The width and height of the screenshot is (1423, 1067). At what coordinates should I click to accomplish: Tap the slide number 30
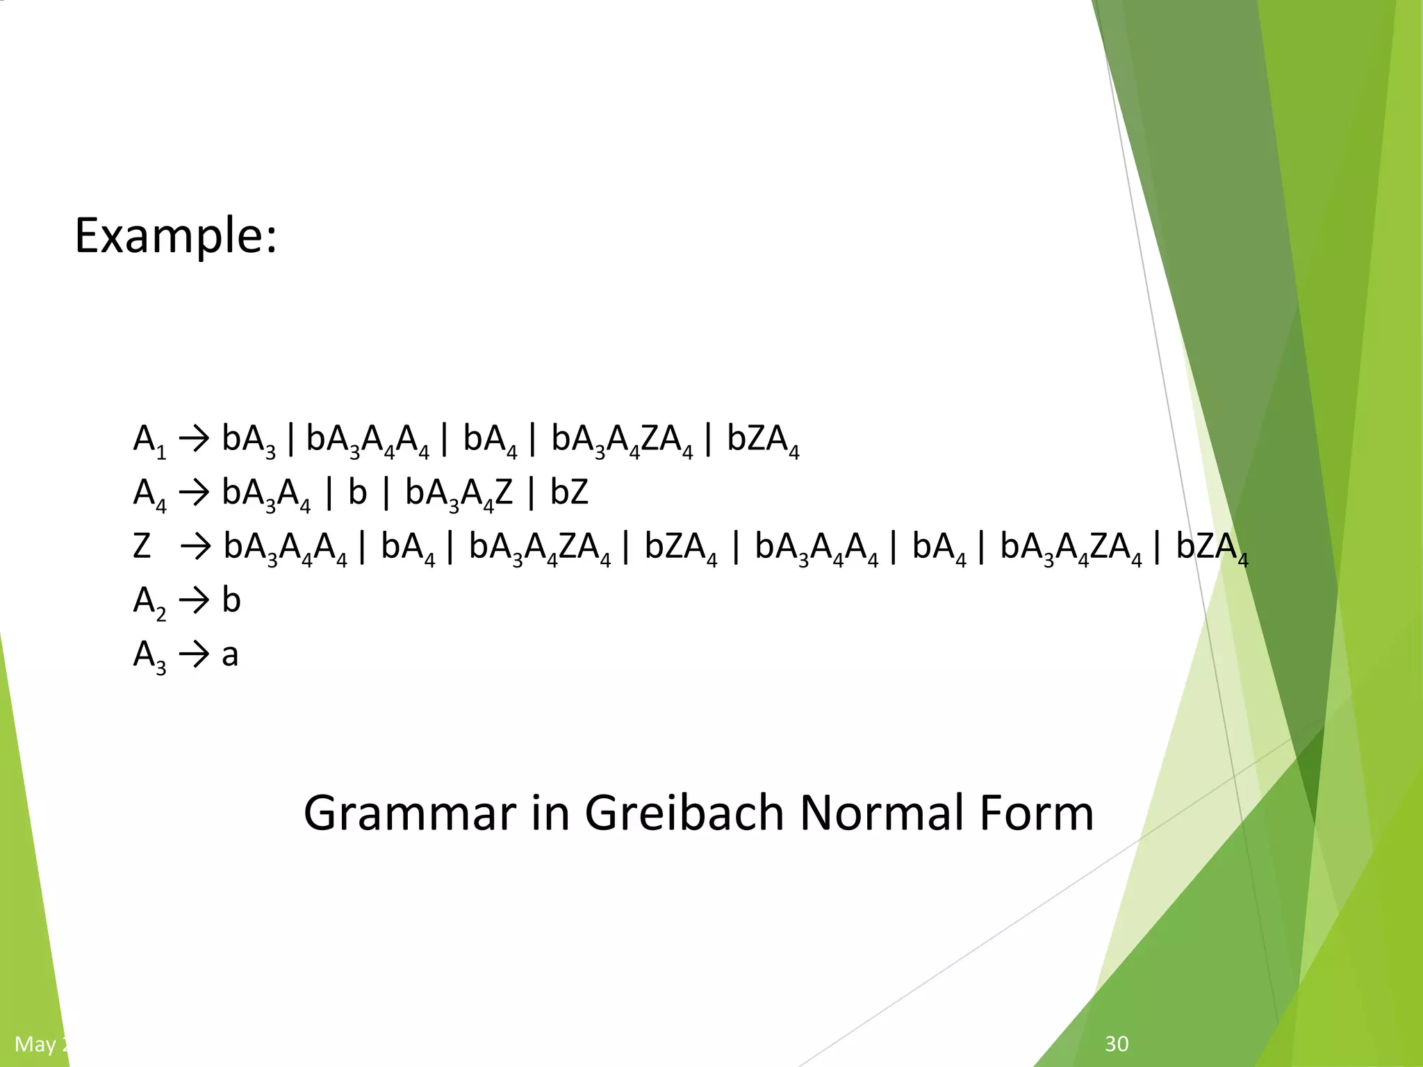point(1117,1043)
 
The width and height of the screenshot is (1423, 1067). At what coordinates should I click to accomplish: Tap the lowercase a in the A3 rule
point(230,655)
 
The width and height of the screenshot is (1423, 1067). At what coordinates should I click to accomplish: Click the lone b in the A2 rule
point(231,599)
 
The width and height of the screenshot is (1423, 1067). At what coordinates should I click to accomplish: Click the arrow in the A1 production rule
point(194,440)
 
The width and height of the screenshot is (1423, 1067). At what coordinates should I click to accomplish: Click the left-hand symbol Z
point(142,547)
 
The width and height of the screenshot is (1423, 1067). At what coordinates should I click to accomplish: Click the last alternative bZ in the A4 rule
point(569,493)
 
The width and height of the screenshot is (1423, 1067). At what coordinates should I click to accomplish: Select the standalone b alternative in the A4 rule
point(357,493)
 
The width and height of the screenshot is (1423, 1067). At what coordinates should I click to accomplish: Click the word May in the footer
point(35,1044)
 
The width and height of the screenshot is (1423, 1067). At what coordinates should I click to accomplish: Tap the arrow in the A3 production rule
point(194,655)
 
